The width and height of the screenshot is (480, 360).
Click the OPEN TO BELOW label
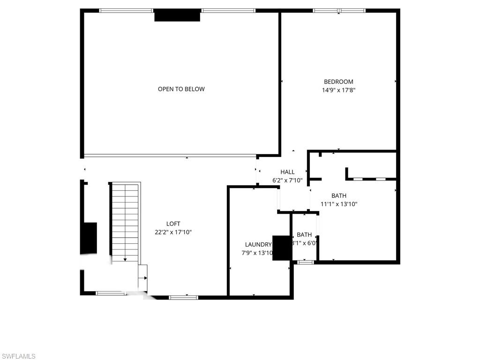click(x=181, y=89)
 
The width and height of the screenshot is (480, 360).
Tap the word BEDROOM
click(x=338, y=82)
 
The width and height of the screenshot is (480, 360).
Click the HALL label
click(x=287, y=172)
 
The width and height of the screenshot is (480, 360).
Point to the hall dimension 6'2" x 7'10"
click(x=287, y=180)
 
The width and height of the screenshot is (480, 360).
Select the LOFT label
click(x=173, y=224)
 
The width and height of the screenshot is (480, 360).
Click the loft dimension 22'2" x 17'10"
click(x=173, y=232)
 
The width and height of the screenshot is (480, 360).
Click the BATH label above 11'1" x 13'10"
click(x=338, y=195)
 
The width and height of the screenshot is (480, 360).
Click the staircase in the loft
click(x=125, y=220)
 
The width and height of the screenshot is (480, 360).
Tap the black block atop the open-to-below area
click(x=177, y=15)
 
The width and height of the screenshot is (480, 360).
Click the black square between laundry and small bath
click(x=282, y=247)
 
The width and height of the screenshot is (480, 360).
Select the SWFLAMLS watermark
click(x=18, y=356)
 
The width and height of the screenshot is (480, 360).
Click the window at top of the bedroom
click(x=339, y=10)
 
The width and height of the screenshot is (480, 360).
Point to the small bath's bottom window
click(x=306, y=262)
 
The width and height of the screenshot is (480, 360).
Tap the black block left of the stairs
click(x=89, y=238)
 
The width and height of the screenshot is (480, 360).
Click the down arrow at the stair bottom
click(x=125, y=259)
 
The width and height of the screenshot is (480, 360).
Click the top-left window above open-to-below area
click(x=126, y=10)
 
